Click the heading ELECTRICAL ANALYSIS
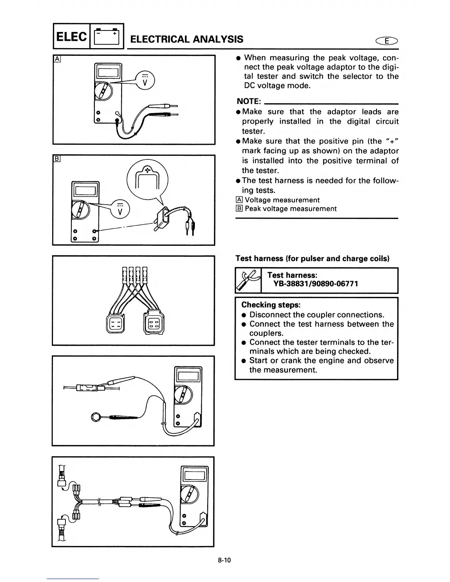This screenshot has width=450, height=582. pos(187,39)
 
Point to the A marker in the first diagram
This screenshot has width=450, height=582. pos(57,59)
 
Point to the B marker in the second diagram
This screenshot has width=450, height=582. pos(57,159)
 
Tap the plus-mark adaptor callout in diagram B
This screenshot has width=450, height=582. pos(147,179)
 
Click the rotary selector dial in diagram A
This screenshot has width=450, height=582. pos(103,91)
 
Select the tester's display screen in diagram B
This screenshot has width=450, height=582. pos(85,190)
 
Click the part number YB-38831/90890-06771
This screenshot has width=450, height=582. pos(315,284)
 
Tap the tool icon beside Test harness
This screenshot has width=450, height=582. pos(248,280)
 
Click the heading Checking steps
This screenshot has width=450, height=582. pos(271,305)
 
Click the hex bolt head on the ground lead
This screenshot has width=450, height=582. pos(96,417)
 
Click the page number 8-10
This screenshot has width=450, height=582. pos(224,560)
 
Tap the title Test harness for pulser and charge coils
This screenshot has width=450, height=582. pos(312,258)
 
